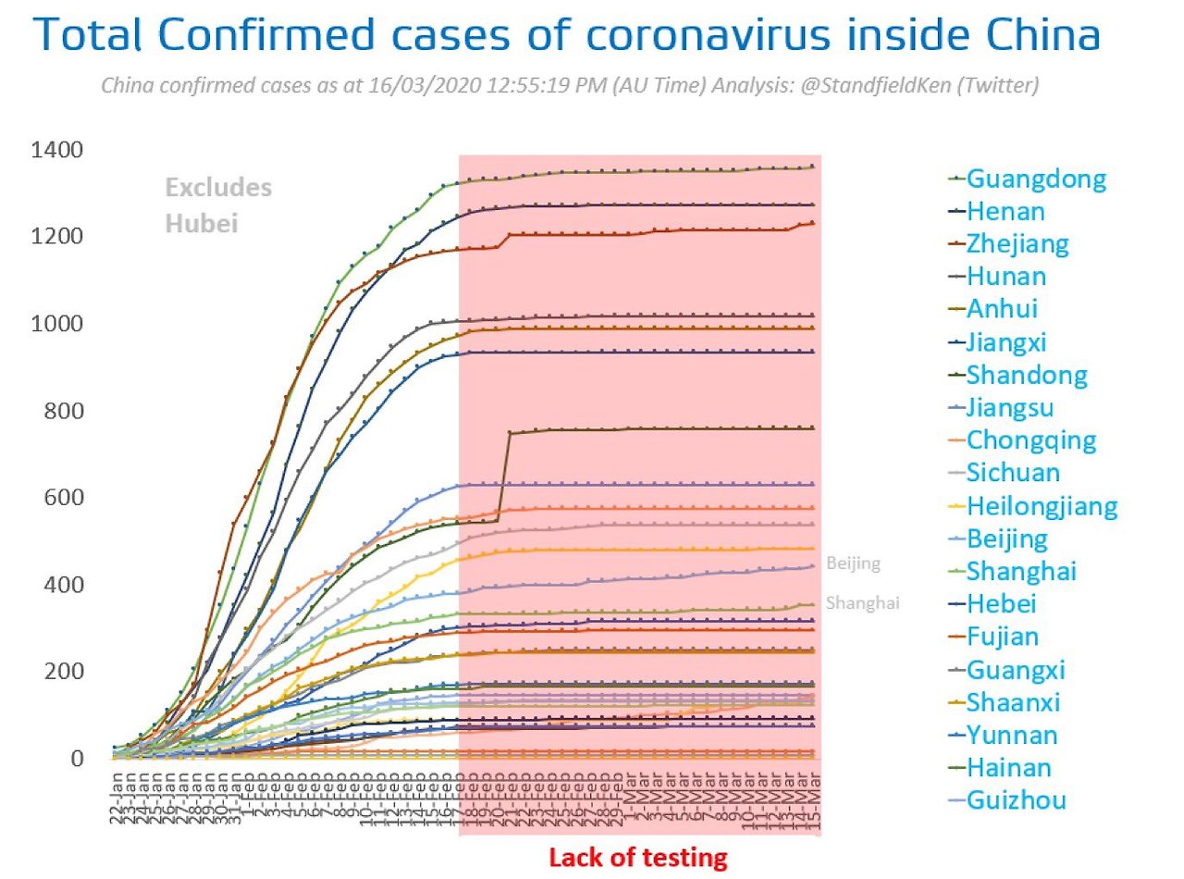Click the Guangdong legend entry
coord(1036,179)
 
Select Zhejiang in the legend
coord(1017,244)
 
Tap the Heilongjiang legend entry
coord(1042,506)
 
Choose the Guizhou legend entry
coord(1016,800)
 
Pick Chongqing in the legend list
coord(1030,440)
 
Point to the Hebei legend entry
coord(1001,604)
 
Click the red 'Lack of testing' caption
coord(638,857)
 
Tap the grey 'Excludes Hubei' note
coord(218,204)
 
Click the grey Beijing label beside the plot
coord(854,563)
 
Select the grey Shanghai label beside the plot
coord(863,603)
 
